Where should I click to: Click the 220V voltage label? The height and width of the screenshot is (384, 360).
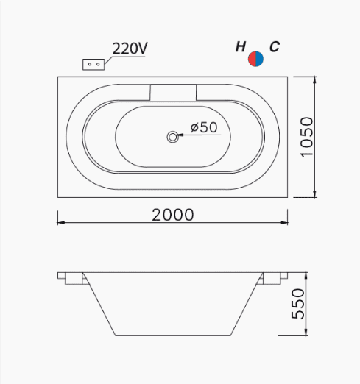(130, 49)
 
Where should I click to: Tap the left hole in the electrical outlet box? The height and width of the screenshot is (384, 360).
(90, 64)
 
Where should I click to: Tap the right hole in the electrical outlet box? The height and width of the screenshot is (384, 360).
(98, 64)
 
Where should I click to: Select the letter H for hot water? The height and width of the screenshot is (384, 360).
(241, 46)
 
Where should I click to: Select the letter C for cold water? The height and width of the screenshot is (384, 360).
(275, 46)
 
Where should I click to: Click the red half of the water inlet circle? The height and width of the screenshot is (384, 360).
(252, 59)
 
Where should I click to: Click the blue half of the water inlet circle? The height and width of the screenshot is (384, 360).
(260, 59)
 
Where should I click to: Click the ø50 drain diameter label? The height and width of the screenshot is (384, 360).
(204, 127)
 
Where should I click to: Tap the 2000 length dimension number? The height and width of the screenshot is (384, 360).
(173, 215)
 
